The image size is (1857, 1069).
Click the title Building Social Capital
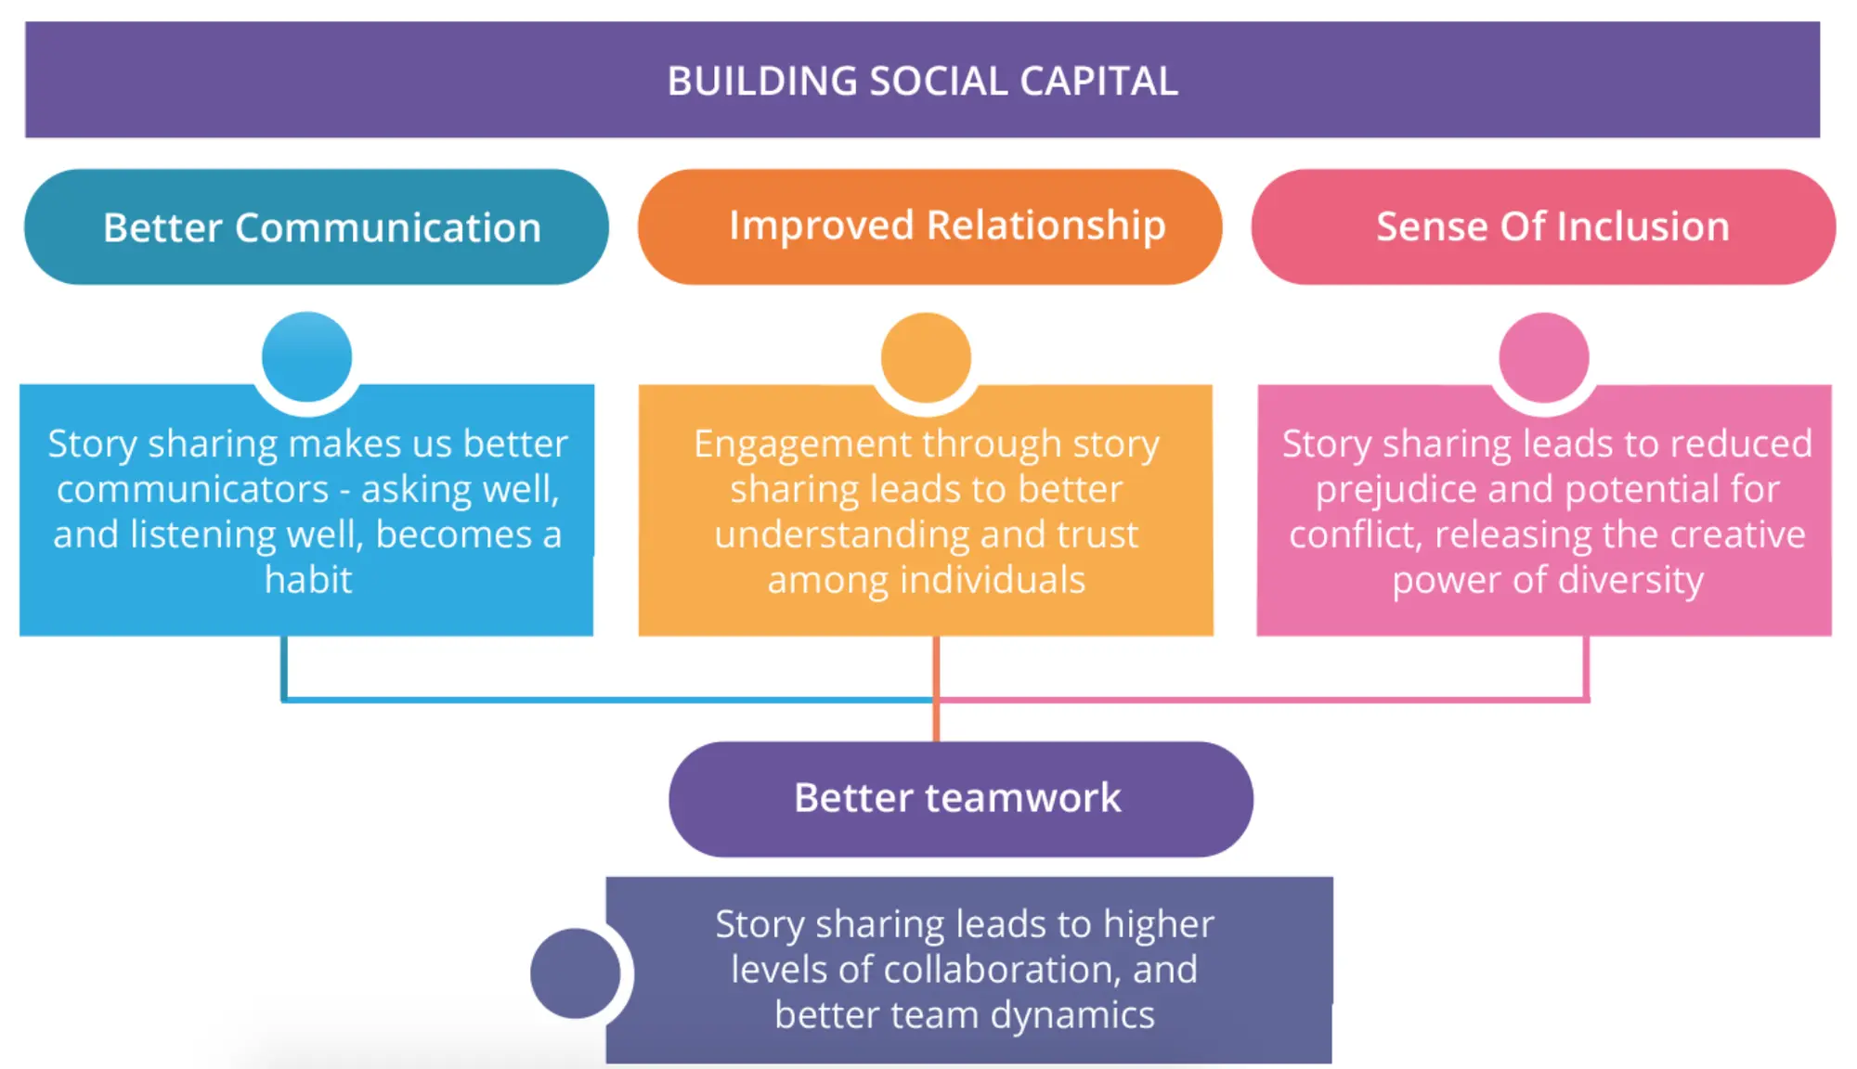coord(922,81)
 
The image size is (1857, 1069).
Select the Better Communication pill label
coord(321,227)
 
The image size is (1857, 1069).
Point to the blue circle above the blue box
coord(306,356)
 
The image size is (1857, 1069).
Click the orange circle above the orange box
coord(926,357)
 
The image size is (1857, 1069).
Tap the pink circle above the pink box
coord(1544,357)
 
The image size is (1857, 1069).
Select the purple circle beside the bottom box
coord(575,973)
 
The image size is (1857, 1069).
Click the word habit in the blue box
coord(308,580)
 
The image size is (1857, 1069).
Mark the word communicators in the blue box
coord(193,489)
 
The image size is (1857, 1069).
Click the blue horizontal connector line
coord(604,699)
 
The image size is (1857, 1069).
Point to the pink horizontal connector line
coord(1263,699)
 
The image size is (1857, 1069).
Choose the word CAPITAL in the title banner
coord(1098,81)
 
